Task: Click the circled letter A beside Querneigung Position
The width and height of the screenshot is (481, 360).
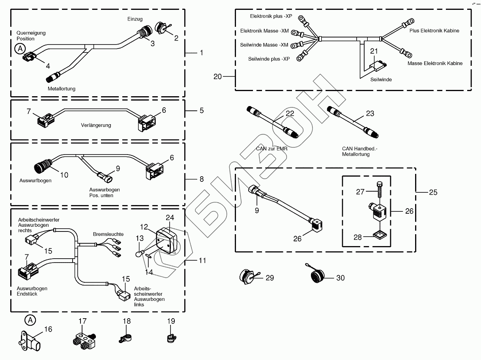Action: click(19, 49)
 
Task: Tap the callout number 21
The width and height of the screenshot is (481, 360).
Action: click(374, 51)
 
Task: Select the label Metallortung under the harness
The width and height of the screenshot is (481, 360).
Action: click(62, 89)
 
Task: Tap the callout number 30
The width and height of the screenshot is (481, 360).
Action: click(340, 278)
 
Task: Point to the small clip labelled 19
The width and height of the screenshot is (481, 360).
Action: click(170, 338)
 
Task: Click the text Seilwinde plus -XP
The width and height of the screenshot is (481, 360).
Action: click(269, 59)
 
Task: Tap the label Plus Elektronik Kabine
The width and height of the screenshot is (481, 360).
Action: click(434, 30)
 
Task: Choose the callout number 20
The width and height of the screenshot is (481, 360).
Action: click(218, 76)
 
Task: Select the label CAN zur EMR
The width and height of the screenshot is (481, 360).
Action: click(272, 148)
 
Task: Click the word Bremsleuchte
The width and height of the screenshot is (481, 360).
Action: click(108, 234)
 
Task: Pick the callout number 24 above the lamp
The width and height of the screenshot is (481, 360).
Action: click(170, 217)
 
